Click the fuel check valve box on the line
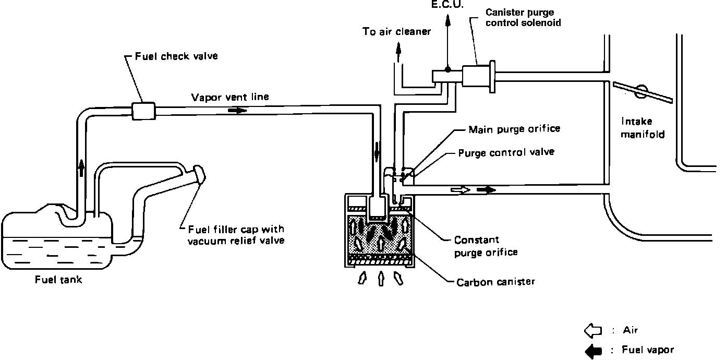(142, 110)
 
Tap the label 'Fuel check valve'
(176, 56)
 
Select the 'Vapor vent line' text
(231, 97)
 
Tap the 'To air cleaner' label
(397, 32)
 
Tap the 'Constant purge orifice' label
(486, 246)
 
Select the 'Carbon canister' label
(495, 282)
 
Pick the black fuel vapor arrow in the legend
(593, 351)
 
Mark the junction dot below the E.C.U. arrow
(447, 69)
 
